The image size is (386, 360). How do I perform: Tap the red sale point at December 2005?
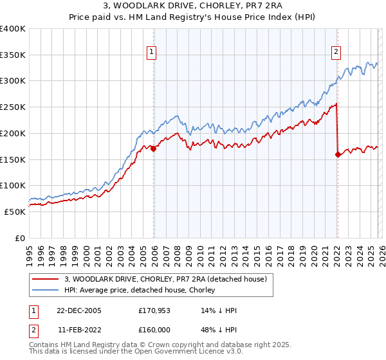[154, 148]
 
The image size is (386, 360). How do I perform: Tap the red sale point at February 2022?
[338, 154]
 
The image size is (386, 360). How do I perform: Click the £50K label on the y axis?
[15, 212]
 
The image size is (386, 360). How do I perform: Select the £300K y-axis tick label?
[13, 81]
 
